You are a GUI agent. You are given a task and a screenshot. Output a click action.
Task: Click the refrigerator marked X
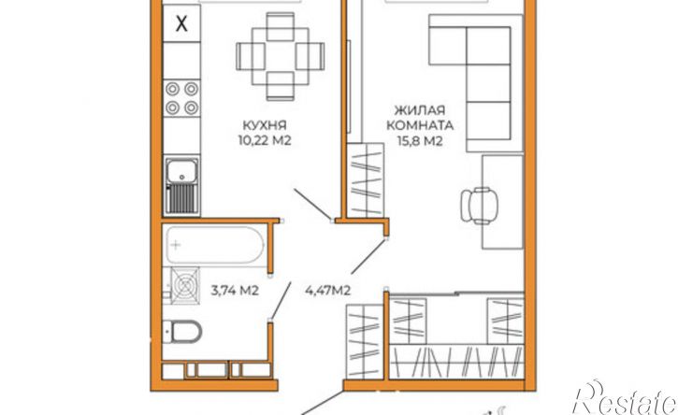click(181, 23)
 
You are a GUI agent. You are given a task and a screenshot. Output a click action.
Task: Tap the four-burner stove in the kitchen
click(181, 98)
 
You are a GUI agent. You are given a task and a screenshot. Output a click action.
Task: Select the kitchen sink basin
click(182, 170)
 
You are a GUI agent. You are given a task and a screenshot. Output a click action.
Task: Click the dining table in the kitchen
click(281, 57)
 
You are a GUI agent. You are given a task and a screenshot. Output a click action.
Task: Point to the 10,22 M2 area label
click(265, 140)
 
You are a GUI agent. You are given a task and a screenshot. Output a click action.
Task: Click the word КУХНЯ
click(265, 126)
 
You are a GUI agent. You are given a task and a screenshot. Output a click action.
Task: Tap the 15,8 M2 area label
click(420, 141)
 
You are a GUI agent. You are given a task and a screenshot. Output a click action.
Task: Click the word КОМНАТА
click(420, 126)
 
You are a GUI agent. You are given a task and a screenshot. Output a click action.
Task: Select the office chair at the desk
click(479, 206)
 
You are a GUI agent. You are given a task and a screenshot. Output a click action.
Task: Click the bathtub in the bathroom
click(215, 245)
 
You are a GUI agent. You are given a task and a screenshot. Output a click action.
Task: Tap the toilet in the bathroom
click(183, 332)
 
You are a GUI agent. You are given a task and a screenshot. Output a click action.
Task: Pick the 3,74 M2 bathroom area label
click(235, 291)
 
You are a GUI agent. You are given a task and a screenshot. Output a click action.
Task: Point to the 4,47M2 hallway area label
click(327, 291)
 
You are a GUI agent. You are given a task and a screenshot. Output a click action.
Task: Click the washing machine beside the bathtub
click(185, 284)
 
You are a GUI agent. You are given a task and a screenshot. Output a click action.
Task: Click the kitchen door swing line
click(313, 205)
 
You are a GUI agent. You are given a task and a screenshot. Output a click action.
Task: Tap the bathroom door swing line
click(281, 300)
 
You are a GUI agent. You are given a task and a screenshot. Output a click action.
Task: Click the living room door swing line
click(368, 256)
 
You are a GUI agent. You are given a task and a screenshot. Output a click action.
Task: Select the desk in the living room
click(503, 202)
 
